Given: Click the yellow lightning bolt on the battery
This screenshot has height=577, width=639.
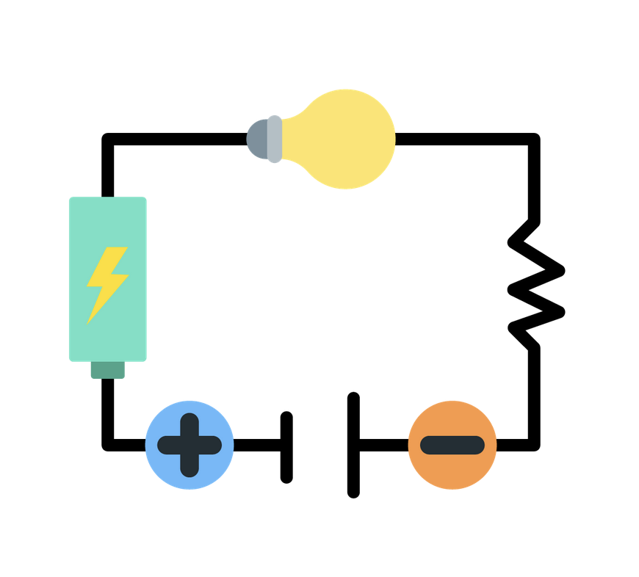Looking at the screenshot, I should pyautogui.click(x=107, y=282).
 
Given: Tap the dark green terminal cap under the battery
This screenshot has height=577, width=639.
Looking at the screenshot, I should pyautogui.click(x=107, y=369).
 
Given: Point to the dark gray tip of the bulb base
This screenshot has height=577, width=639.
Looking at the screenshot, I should pyautogui.click(x=256, y=139).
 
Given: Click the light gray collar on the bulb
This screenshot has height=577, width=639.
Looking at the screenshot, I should pyautogui.click(x=274, y=139).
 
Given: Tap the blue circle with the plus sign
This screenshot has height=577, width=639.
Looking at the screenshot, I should pyautogui.click(x=189, y=445).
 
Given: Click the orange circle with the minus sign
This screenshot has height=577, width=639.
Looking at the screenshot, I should pyautogui.click(x=452, y=445).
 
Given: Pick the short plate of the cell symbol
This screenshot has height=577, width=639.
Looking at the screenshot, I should pyautogui.click(x=286, y=447).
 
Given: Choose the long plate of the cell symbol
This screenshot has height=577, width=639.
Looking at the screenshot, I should pyautogui.click(x=353, y=445).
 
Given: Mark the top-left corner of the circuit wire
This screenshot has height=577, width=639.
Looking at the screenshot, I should pyautogui.click(x=108, y=139).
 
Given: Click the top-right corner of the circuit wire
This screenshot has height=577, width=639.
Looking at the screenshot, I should pyautogui.click(x=534, y=139).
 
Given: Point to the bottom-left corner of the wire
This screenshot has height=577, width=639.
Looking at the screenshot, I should pyautogui.click(x=108, y=444).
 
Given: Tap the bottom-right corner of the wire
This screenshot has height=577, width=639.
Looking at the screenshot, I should pyautogui.click(x=534, y=444).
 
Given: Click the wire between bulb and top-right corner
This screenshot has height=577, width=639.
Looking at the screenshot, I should pyautogui.click(x=463, y=139).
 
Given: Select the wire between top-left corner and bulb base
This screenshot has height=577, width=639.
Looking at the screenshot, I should pyautogui.click(x=176, y=139).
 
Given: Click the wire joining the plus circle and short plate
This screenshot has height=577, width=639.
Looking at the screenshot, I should pyautogui.click(x=257, y=445).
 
